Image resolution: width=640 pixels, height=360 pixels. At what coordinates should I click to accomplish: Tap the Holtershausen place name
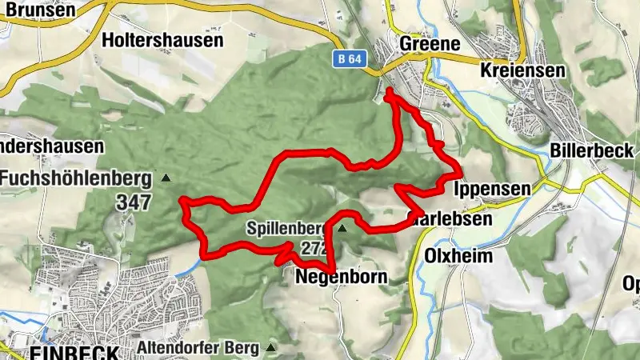pyautogui.click(x=163, y=38)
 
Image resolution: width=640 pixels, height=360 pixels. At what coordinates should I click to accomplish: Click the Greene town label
pyautogui.click(x=430, y=44)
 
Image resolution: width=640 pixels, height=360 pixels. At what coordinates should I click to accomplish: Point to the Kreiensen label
pyautogui.click(x=523, y=70)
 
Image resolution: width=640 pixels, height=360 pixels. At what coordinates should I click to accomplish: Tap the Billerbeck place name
pyautogui.click(x=592, y=150)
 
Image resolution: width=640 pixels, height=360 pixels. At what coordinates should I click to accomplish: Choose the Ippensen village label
pyautogui.click(x=492, y=190)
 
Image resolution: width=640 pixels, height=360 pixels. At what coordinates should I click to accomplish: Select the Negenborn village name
pyautogui.click(x=341, y=278)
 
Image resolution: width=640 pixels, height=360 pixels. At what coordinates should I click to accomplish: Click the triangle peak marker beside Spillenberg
pyautogui.click(x=342, y=229)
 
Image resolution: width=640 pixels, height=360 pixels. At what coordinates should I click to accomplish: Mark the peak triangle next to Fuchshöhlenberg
pyautogui.click(x=166, y=178)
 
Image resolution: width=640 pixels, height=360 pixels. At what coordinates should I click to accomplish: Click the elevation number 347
pyautogui.click(x=133, y=202)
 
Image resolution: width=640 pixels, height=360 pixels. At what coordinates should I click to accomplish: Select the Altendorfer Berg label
pyautogui.click(x=198, y=348)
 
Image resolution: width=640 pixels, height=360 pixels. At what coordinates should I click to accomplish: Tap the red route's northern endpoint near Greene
pyautogui.click(x=389, y=93)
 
